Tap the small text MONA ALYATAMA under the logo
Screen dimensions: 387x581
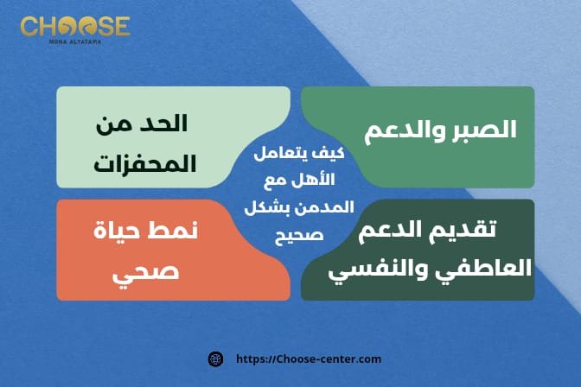(x=75, y=41)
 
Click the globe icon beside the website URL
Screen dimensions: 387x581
(x=216, y=358)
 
